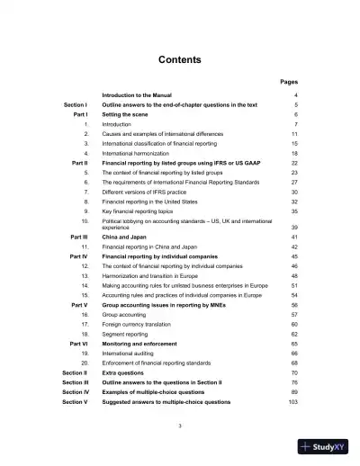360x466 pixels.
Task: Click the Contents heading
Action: (x=179, y=60)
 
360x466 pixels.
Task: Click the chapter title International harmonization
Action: (x=137, y=154)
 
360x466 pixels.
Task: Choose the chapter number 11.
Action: (x=85, y=246)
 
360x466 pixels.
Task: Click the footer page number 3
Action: (x=180, y=426)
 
